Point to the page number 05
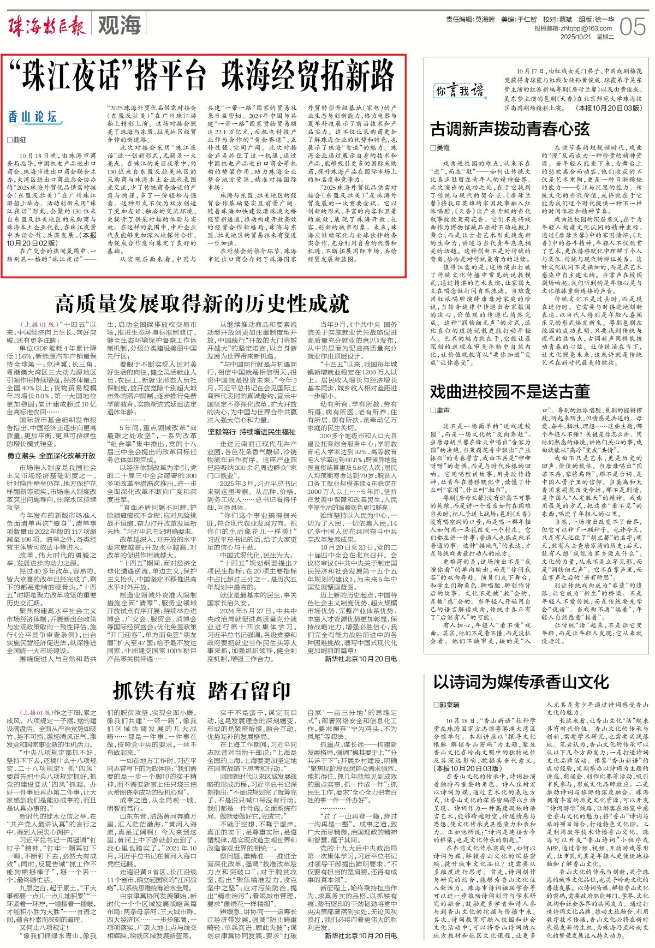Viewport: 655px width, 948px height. point(633,26)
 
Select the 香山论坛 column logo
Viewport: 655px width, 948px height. point(32,117)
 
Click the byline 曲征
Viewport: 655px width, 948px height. point(17,140)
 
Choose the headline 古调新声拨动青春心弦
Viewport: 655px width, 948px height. point(510,129)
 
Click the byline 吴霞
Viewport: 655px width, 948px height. point(440,148)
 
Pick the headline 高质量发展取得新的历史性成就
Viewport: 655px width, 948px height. point(201,302)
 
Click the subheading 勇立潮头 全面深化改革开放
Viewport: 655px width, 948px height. point(51,456)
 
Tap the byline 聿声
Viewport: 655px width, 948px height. point(440,410)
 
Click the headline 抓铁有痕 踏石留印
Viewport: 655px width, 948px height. point(201,691)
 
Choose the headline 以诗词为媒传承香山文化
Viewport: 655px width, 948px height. point(521,682)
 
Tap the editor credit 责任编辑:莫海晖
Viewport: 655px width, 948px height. point(470,19)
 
